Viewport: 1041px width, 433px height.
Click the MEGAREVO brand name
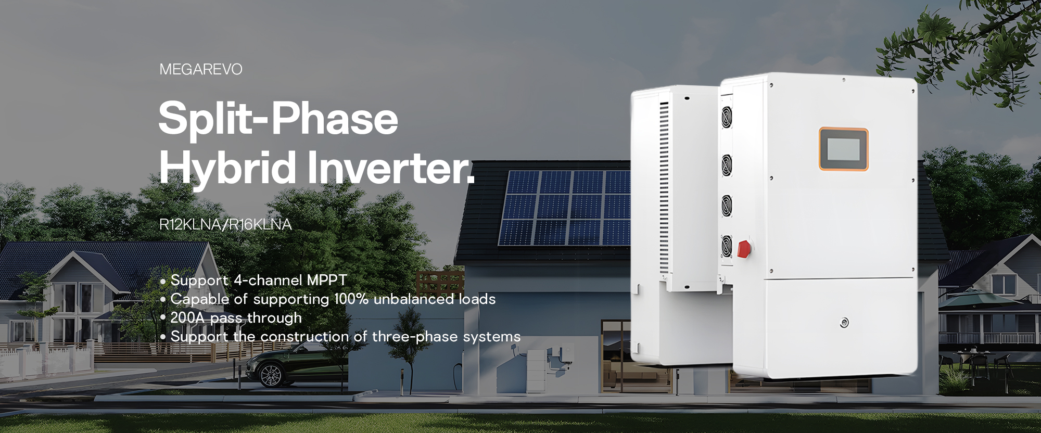pos(201,69)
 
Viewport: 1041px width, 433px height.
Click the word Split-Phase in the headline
pos(278,118)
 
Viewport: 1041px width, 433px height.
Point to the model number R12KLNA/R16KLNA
pos(225,224)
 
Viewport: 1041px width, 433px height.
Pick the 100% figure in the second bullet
pos(351,299)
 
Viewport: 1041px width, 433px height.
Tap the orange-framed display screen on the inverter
pos(844,149)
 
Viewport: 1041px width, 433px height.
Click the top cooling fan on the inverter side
pos(727,117)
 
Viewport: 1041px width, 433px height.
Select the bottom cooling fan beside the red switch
pos(727,246)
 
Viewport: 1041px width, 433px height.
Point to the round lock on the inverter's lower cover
pos(844,323)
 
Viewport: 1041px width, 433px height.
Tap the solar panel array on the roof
pos(564,208)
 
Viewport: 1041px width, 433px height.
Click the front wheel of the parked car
pos(270,375)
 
